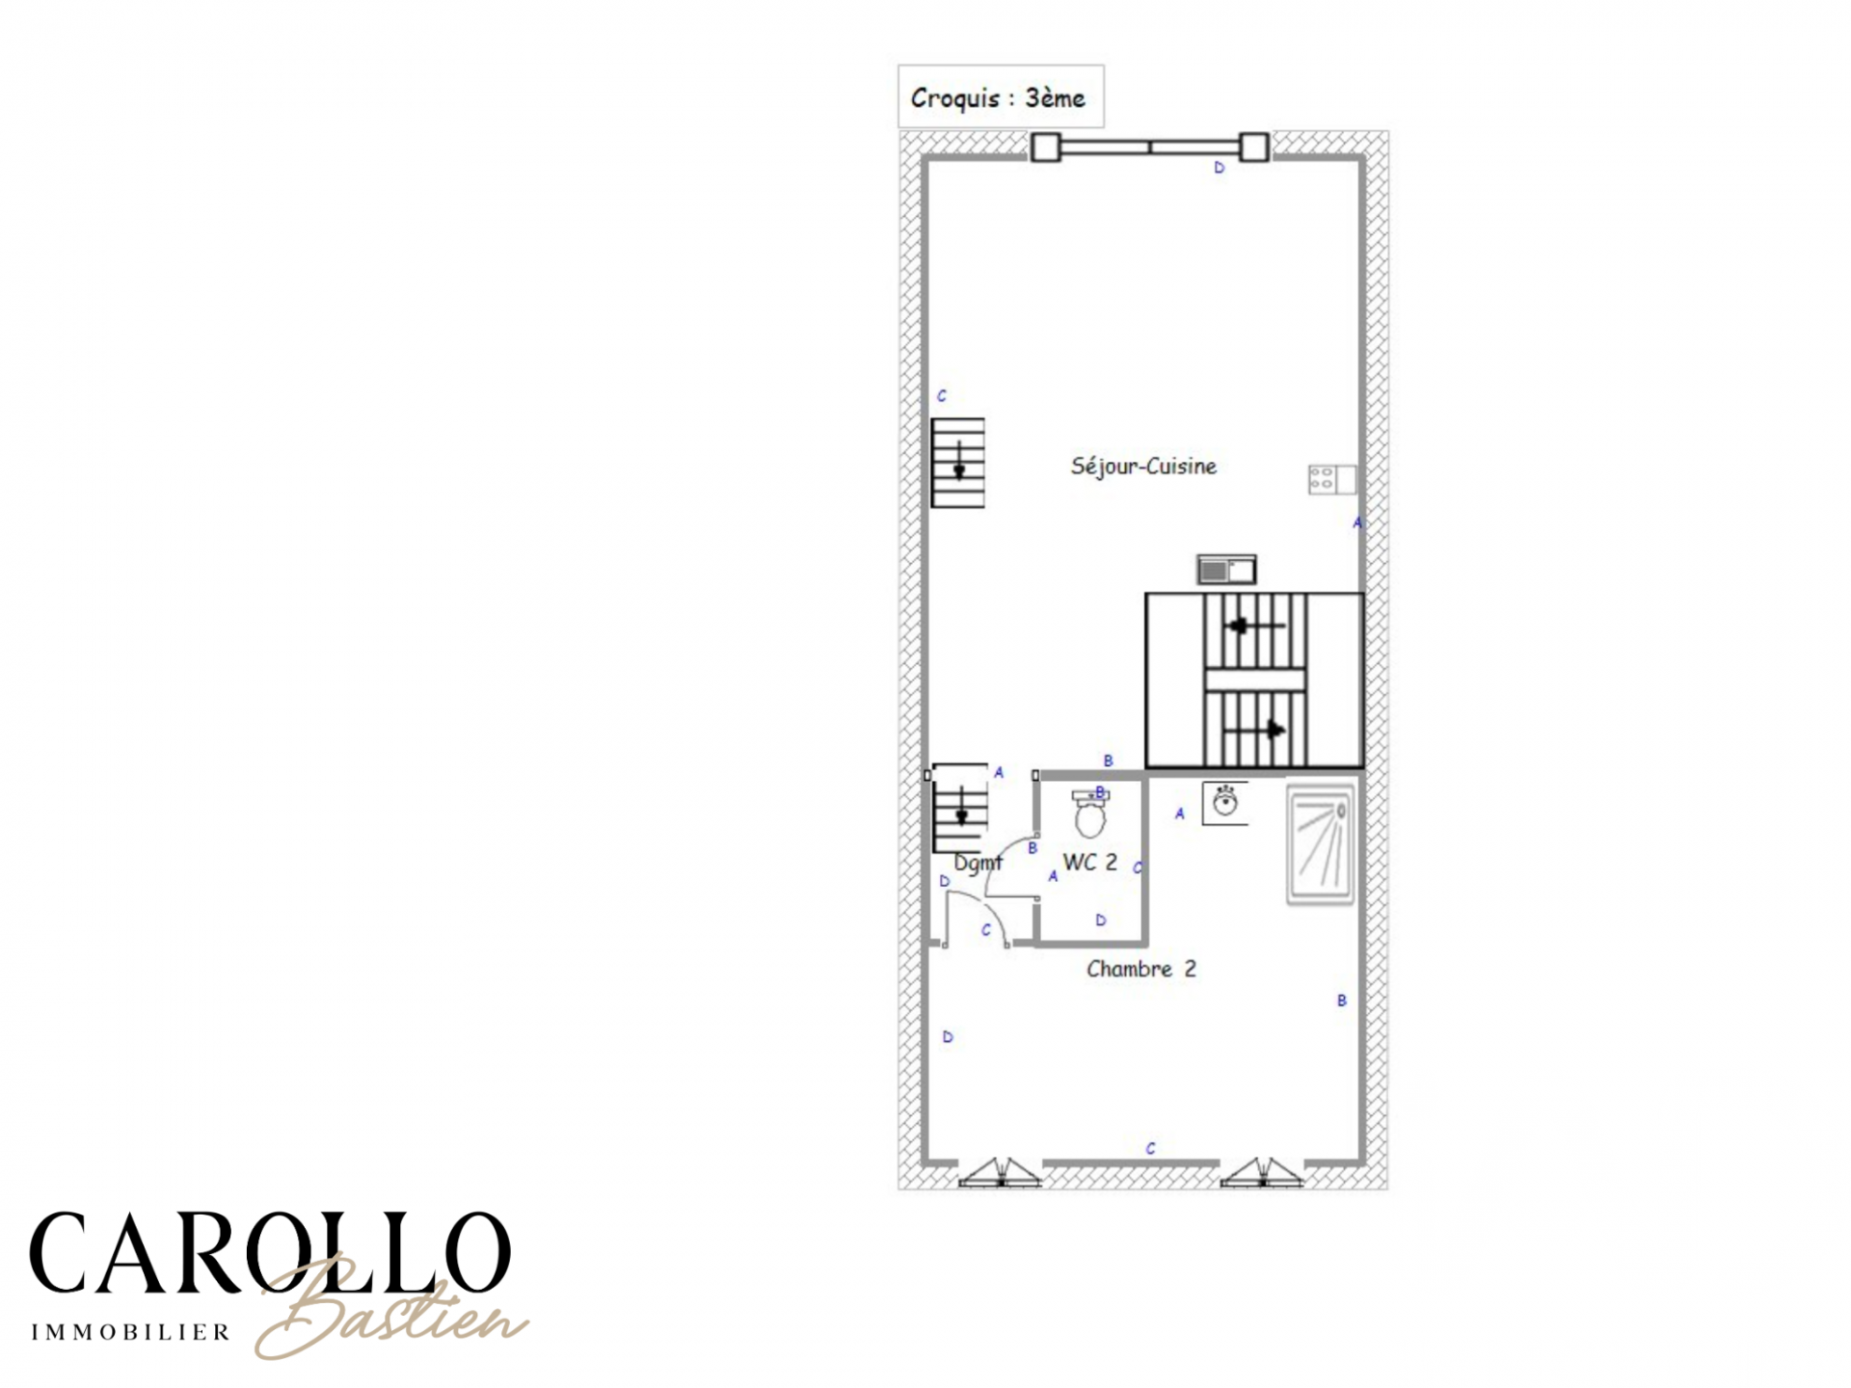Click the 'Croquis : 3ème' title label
click(x=998, y=98)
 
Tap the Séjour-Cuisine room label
click(x=1143, y=467)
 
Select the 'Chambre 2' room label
click(x=1141, y=969)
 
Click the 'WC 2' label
click(x=1090, y=863)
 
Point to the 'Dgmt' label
click(x=978, y=863)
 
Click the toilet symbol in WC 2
click(x=1090, y=814)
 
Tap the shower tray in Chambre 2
click(x=1320, y=844)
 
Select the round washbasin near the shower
click(x=1225, y=803)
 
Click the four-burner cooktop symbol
click(x=1331, y=479)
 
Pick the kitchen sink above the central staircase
click(x=1226, y=570)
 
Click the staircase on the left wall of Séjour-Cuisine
click(x=957, y=463)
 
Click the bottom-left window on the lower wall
click(x=1001, y=1171)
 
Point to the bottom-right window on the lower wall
click(x=1262, y=1171)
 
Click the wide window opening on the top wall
click(x=1150, y=147)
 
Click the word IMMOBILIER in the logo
click(x=131, y=1332)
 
